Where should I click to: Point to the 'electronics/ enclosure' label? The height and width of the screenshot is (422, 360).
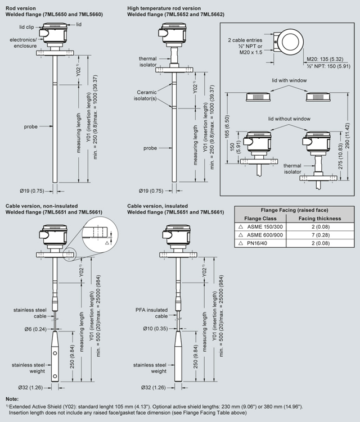pos(22,43)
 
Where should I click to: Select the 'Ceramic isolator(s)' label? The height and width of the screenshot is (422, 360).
pos(146,96)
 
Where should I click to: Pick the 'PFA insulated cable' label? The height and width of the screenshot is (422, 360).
pos(152,313)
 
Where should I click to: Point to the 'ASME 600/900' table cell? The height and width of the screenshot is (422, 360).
pos(267,235)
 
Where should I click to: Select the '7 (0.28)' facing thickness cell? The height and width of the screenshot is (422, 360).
pos(319,235)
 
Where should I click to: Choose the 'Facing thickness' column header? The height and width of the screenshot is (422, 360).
pos(319,217)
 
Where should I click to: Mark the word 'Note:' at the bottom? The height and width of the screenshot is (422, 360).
pos(11,398)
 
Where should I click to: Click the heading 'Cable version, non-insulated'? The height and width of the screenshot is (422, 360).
pos(42,206)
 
